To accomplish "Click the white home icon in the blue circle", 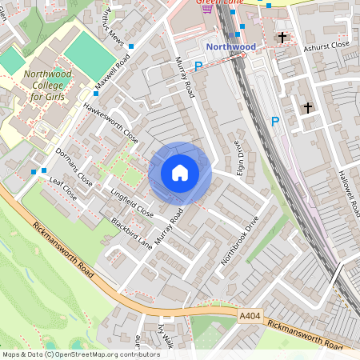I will (x=180, y=173).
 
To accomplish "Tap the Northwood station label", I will (x=230, y=47).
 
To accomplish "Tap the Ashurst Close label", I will (x=326, y=46).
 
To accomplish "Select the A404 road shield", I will (x=250, y=318).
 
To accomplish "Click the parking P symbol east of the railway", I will (x=274, y=122).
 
